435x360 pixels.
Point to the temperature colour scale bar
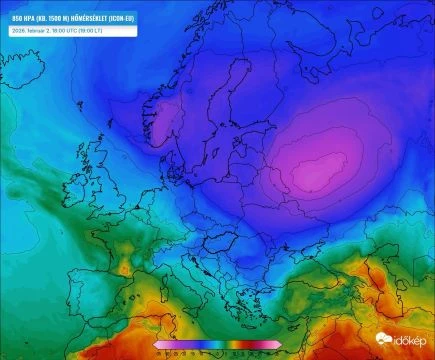click(217, 345)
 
